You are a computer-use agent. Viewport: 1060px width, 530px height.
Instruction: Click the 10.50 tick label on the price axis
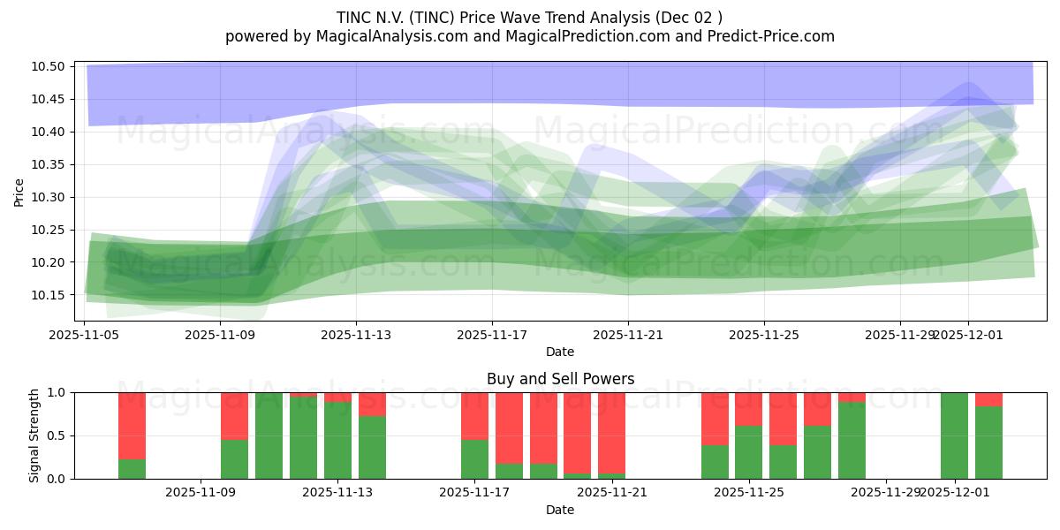coord(49,67)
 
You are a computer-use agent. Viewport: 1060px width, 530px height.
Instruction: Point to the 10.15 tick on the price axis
coord(49,295)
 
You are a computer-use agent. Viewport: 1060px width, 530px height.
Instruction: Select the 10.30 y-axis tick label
coord(49,198)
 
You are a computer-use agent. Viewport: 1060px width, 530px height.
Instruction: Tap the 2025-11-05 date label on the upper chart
coord(84,335)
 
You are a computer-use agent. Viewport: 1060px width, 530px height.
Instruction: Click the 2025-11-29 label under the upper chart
coord(899,335)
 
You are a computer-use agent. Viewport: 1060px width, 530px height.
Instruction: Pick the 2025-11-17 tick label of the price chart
coord(492,335)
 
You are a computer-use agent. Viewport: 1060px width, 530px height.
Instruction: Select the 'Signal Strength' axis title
coord(34,435)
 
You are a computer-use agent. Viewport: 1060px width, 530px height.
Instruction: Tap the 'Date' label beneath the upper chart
coord(559,352)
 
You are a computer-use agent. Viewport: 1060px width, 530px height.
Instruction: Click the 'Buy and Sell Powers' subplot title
coord(560,379)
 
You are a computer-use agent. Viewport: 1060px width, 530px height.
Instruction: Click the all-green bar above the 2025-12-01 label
coord(954,435)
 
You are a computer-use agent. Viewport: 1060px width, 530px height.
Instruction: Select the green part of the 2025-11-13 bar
coord(337,442)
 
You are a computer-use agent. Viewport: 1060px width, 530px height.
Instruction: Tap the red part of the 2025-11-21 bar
coord(611,433)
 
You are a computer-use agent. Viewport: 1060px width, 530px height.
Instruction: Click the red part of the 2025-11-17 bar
coord(474,415)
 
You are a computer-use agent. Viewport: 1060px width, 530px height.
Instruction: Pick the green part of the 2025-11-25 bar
coord(748,452)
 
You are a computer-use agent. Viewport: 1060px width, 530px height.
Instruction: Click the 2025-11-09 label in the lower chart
coord(201,493)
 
